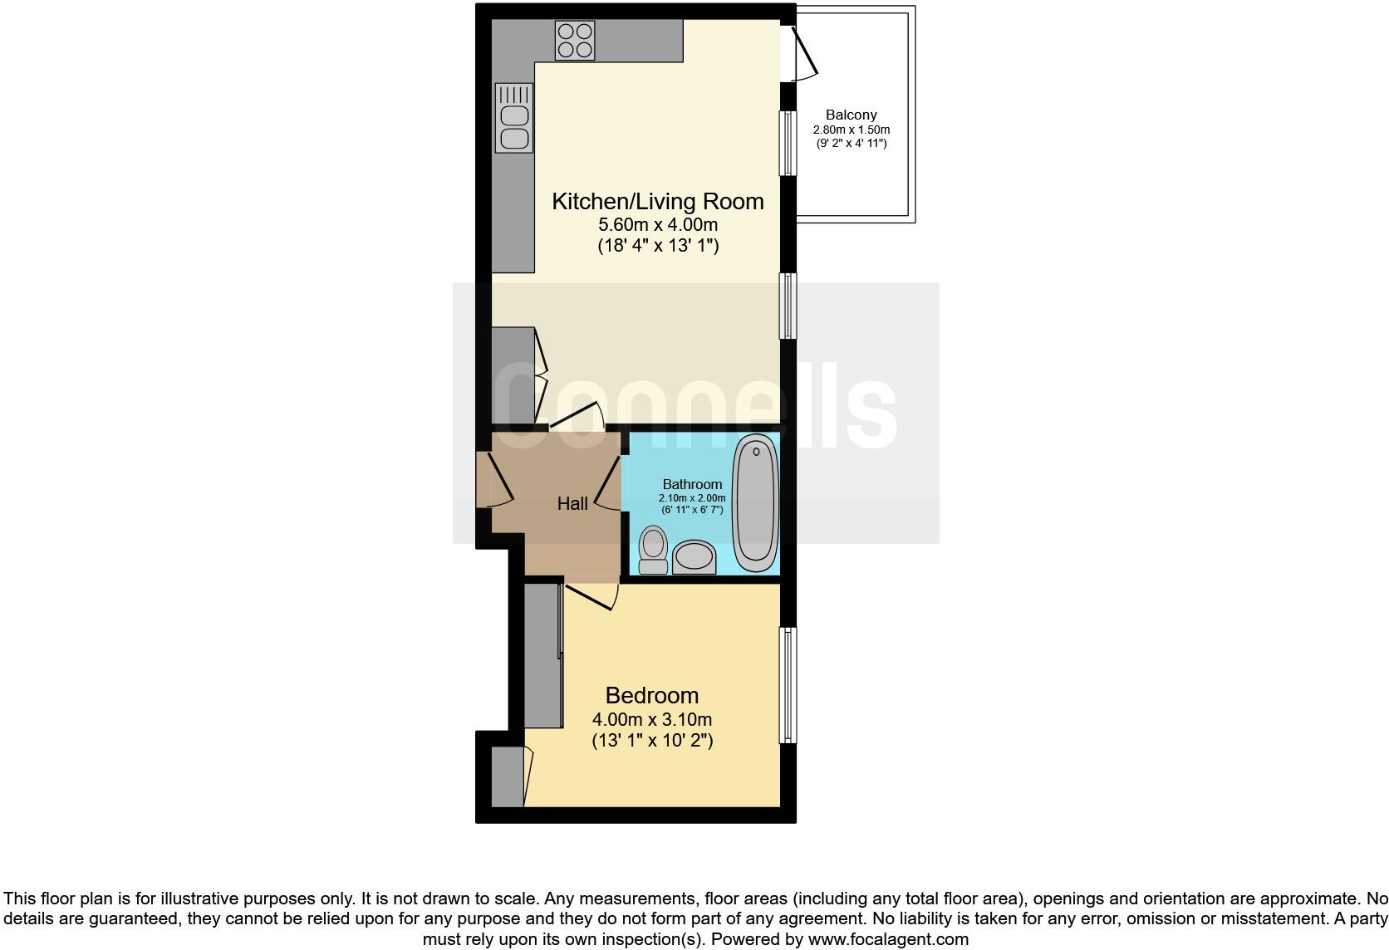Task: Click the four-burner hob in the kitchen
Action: (575, 40)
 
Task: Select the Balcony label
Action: (851, 115)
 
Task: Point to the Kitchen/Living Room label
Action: (657, 201)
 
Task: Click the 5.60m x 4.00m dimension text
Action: (657, 225)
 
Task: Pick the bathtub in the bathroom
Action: (756, 502)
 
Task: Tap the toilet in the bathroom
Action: (654, 551)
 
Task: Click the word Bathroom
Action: (692, 484)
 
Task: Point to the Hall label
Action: (572, 503)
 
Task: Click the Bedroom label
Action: (651, 695)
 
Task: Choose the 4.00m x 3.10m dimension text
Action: (651, 719)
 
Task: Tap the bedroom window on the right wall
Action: (788, 684)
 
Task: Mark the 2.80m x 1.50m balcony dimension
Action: (851, 130)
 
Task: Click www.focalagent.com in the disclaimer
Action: (888, 939)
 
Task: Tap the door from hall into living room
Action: (579, 415)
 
